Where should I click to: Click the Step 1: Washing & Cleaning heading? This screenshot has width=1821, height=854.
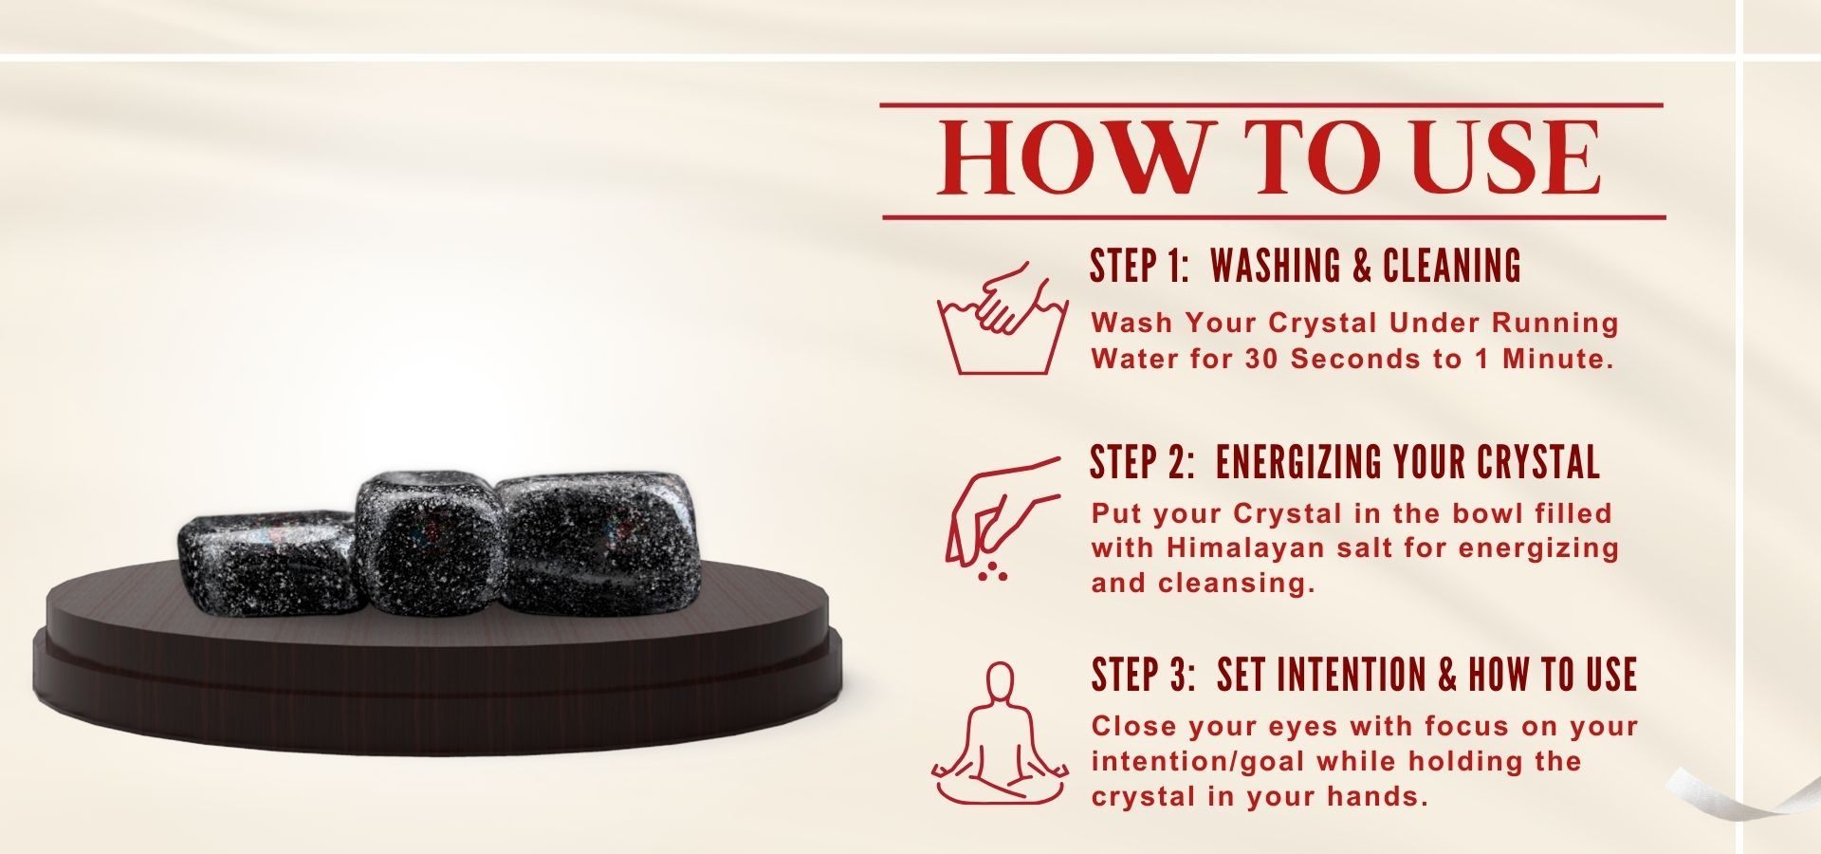(x=1305, y=266)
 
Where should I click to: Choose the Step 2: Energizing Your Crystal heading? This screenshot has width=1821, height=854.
(x=1345, y=462)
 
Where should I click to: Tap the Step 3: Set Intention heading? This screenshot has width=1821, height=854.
(x=1364, y=675)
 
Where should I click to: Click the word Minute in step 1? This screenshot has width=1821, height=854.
(x=1557, y=359)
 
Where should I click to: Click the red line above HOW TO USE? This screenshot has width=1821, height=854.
(x=1272, y=104)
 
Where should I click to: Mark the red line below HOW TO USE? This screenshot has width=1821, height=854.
(x=1274, y=217)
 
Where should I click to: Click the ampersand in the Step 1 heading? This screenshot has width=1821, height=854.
(x=1363, y=267)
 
